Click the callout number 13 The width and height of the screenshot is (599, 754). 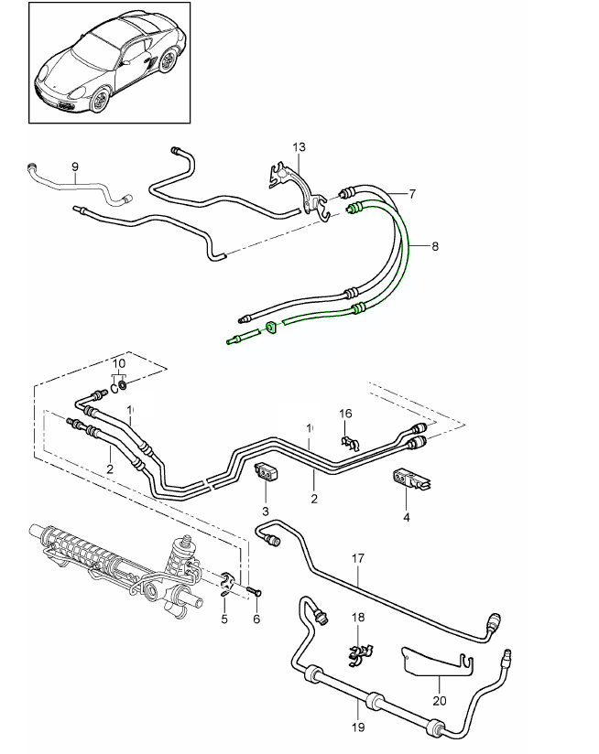click(x=299, y=147)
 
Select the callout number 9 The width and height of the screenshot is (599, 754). click(x=75, y=166)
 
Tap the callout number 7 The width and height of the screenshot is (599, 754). click(x=412, y=193)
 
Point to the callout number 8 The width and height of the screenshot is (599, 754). click(x=435, y=246)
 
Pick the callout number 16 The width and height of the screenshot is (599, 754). click(x=345, y=414)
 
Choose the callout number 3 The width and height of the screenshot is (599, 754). click(x=265, y=509)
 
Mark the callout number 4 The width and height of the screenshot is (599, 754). click(x=407, y=516)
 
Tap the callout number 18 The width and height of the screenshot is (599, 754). click(x=358, y=619)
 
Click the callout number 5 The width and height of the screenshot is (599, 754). click(x=223, y=619)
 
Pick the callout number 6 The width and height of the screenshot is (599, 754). click(x=256, y=619)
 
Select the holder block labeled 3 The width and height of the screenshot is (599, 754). click(x=266, y=473)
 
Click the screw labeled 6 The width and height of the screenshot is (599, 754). click(x=254, y=591)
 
